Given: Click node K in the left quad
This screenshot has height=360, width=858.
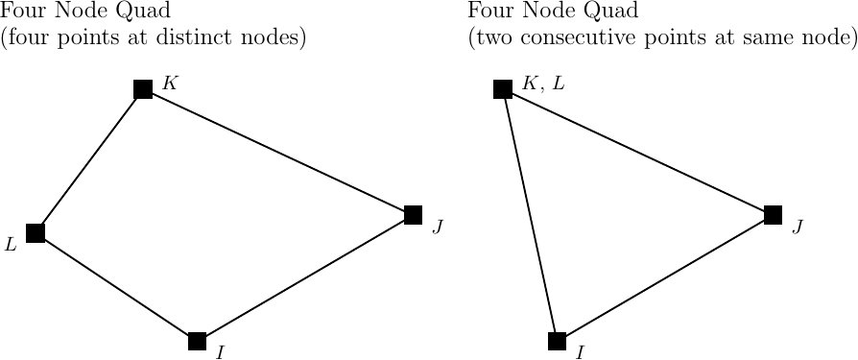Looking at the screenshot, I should click(143, 89).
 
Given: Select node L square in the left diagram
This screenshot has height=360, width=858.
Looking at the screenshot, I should click(36, 232).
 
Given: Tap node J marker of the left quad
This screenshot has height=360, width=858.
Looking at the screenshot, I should click(414, 215).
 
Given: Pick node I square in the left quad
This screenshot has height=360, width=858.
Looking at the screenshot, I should click(198, 341).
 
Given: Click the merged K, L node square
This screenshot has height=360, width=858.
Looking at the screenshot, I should click(502, 89).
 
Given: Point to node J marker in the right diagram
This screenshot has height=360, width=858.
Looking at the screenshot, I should click(773, 215).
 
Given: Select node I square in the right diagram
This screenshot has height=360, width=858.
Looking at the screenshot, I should click(557, 341).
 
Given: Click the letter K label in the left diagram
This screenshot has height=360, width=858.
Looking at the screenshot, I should click(169, 83).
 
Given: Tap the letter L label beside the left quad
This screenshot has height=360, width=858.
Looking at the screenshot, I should click(12, 245).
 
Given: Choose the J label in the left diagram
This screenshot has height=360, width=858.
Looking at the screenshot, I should click(438, 227).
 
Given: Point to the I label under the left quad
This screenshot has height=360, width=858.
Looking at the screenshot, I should click(221, 352).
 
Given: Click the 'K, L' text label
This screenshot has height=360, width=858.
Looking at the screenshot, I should click(543, 84).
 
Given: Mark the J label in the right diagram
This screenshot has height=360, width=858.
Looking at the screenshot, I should click(797, 227).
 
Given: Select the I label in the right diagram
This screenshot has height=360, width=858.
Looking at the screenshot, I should click(580, 352).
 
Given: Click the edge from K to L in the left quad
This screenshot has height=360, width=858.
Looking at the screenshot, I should click(89, 160).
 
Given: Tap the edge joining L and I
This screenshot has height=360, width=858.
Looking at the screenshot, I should click(116, 286).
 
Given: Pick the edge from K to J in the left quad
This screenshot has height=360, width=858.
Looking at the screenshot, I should click(278, 152).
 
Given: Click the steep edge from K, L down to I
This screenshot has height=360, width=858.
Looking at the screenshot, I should click(529, 215).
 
